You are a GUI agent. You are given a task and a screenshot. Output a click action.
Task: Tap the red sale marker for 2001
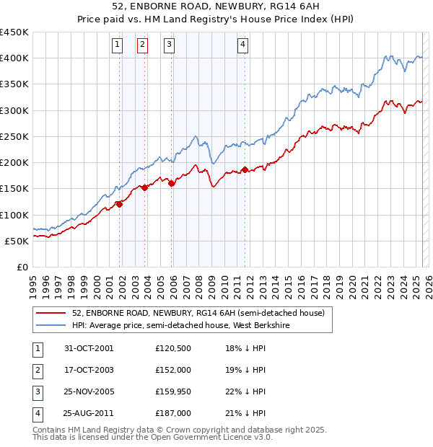point(120,204)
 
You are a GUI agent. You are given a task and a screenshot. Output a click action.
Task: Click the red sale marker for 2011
point(245,169)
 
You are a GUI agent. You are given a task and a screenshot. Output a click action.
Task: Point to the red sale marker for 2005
point(172,184)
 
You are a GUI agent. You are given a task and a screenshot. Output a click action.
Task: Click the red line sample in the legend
point(51,313)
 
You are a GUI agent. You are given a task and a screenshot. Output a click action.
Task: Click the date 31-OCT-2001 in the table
point(89,348)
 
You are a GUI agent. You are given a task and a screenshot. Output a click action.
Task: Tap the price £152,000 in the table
point(173,370)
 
